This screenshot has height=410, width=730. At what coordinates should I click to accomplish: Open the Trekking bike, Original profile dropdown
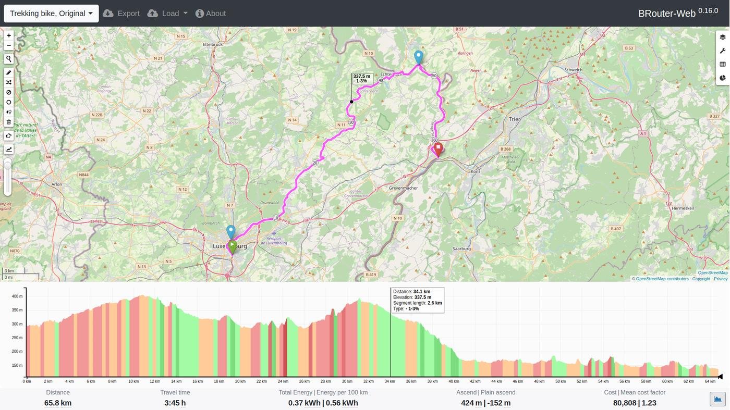51,14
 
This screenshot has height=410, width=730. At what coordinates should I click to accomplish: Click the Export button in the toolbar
121,14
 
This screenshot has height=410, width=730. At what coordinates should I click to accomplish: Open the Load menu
167,14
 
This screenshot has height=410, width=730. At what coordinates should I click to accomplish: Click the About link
211,14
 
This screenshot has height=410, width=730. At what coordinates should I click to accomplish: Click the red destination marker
439,149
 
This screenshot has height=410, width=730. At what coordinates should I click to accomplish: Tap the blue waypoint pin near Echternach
418,56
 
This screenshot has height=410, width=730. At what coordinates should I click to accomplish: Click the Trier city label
514,119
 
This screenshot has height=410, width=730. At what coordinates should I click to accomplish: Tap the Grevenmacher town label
403,188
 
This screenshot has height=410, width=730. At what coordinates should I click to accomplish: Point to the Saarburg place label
461,249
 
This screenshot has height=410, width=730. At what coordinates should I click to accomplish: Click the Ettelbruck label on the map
213,44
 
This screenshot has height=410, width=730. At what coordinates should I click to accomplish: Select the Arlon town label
56,184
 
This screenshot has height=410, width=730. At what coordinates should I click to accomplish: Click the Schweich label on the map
573,70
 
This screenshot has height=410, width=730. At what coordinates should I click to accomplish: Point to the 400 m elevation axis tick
17,296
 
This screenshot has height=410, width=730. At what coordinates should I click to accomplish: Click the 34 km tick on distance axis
390,381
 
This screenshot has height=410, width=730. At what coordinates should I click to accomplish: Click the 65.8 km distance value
58,403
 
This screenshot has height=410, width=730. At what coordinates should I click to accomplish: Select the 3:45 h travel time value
175,403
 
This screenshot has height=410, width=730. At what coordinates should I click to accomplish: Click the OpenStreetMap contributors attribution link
659,279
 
